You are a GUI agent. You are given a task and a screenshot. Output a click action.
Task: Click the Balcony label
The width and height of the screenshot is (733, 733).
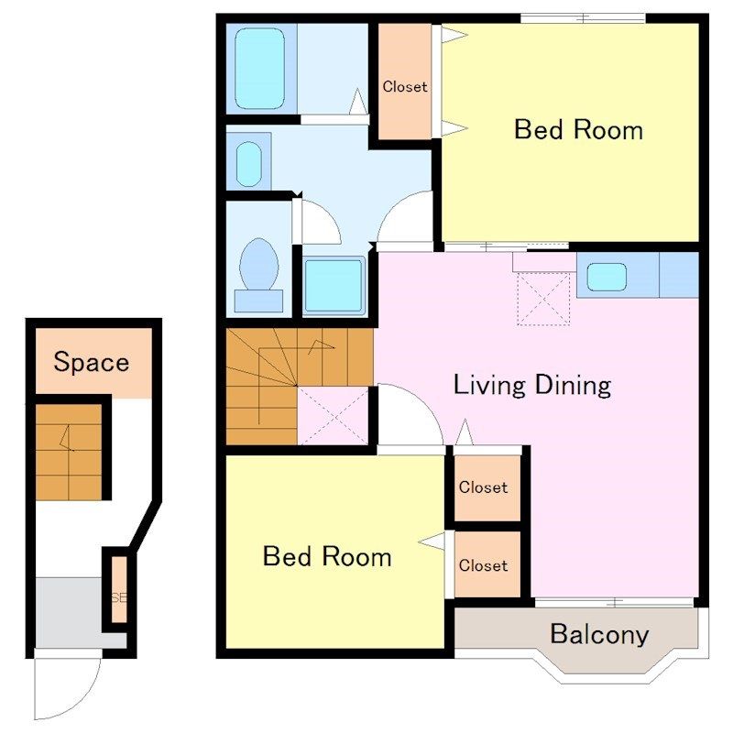click(x=599, y=634)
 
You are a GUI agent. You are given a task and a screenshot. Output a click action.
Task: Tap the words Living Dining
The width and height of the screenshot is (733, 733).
click(x=532, y=385)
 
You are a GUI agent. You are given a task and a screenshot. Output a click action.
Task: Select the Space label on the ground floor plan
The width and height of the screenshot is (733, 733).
click(x=91, y=362)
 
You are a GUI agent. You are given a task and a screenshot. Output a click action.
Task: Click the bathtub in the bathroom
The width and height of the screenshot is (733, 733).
click(x=259, y=69)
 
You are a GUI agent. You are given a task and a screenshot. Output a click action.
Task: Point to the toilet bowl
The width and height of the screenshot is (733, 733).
click(x=258, y=264)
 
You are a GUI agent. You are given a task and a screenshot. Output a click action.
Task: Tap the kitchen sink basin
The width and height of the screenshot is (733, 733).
click(x=607, y=277)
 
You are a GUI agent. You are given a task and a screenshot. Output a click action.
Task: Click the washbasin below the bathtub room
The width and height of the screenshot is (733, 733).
click(x=248, y=164)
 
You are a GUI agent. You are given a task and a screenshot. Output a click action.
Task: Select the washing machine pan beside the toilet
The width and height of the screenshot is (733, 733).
click(x=334, y=286)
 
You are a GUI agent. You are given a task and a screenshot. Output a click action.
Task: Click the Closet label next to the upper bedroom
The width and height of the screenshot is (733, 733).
click(x=405, y=86)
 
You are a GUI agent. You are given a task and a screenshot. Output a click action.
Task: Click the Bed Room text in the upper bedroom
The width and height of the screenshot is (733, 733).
click(x=578, y=129)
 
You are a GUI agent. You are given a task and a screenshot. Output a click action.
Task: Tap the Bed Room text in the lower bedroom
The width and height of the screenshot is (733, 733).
click(x=327, y=556)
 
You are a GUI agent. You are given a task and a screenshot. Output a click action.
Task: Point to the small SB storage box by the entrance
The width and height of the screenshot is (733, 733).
click(x=119, y=589)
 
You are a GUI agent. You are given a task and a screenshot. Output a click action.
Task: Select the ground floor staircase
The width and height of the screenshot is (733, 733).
click(x=69, y=452)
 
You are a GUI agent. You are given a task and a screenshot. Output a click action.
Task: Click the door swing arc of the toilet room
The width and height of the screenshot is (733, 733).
click(x=328, y=215)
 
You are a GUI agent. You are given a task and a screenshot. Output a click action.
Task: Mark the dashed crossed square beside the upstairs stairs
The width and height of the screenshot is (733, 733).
click(x=333, y=416)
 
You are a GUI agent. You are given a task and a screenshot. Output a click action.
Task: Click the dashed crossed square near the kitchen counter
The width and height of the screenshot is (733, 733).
click(x=543, y=299)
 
